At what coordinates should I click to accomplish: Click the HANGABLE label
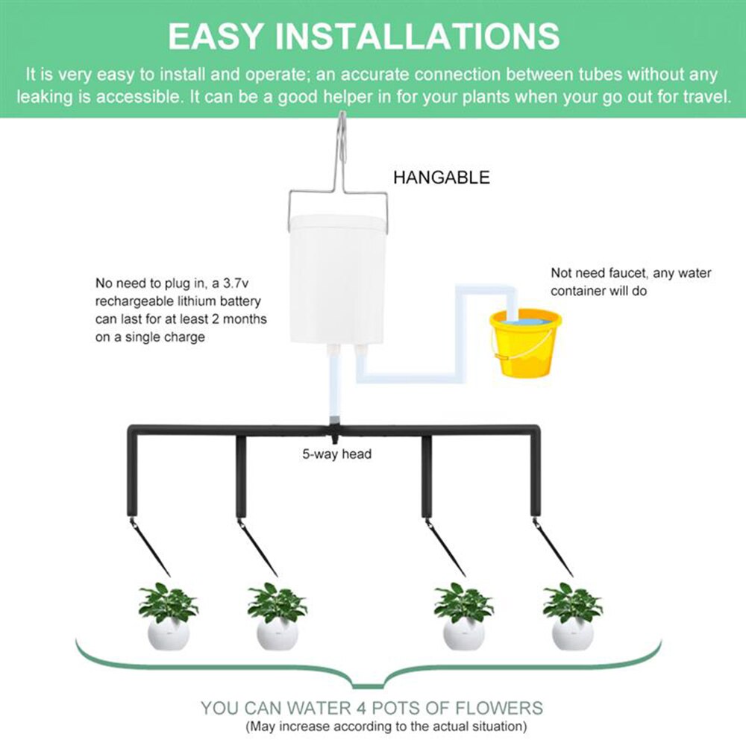coord(442,178)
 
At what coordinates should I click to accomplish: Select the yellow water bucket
coord(525,343)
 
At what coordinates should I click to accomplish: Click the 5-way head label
coord(336,454)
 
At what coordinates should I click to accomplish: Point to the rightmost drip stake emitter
coord(553,548)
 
